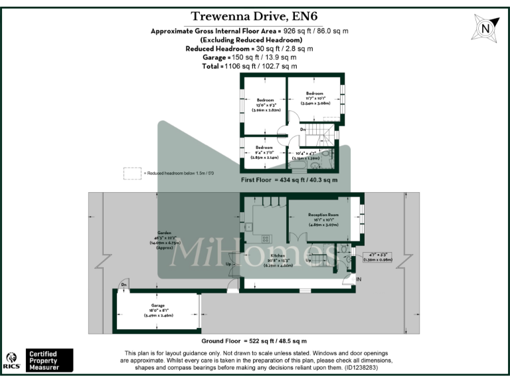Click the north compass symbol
click(x=485, y=29)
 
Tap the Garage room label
click(x=157, y=309)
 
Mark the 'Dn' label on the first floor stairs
click(x=303, y=129)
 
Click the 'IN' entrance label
click(x=359, y=279)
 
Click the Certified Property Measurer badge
click(x=49, y=360)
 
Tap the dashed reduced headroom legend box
click(x=132, y=173)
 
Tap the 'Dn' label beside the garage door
click(x=124, y=285)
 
